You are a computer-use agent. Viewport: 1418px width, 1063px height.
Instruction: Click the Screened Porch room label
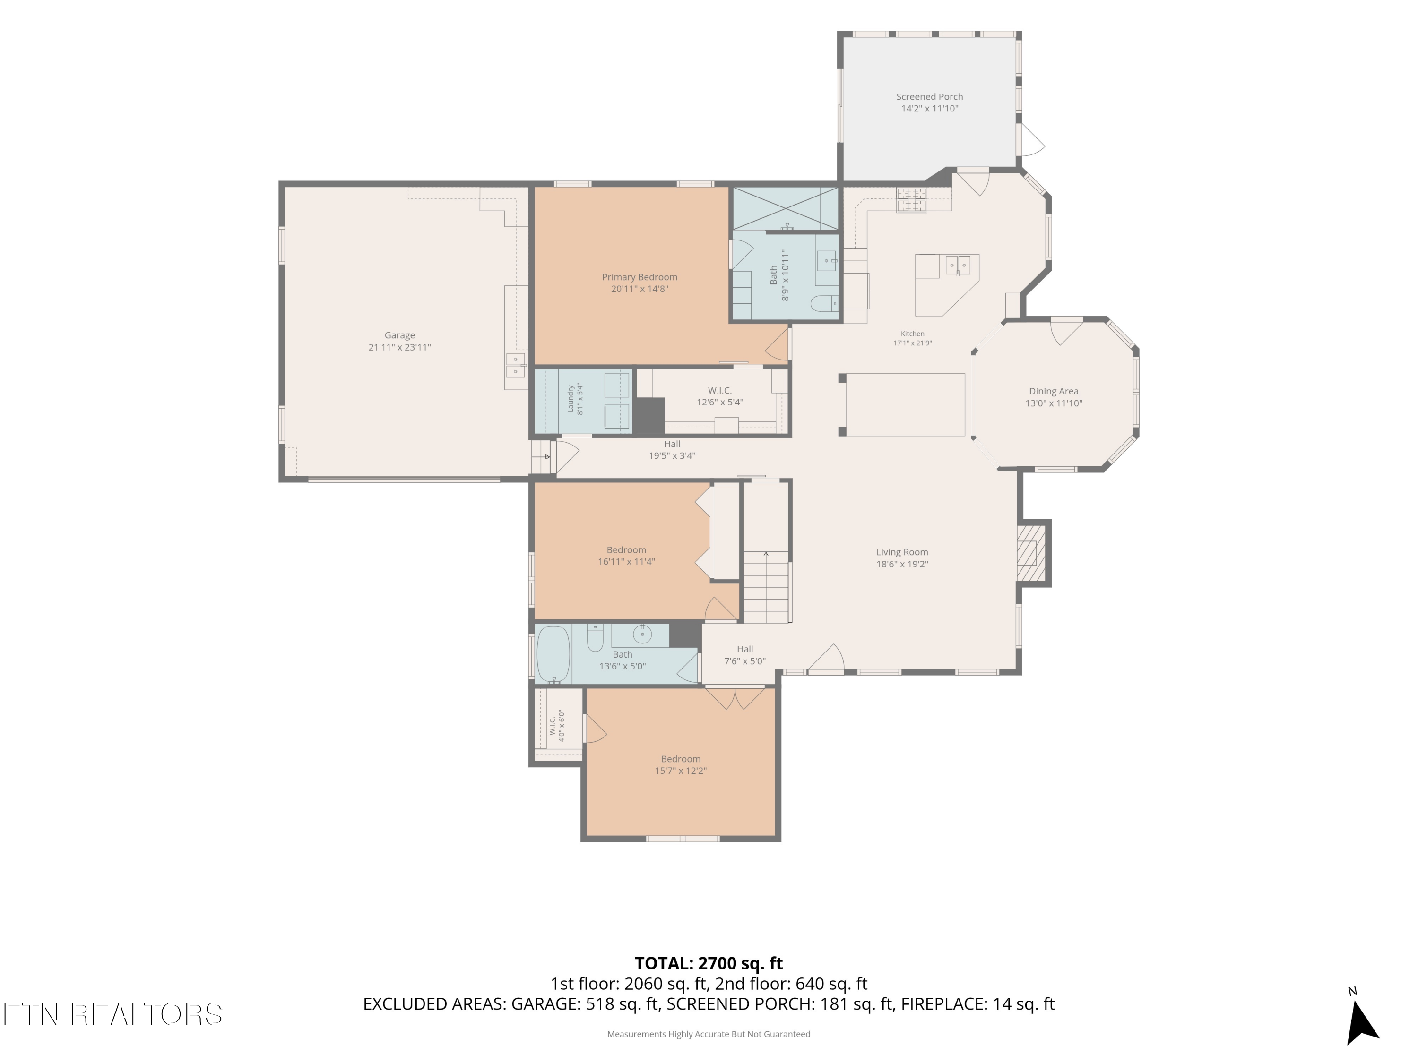930,97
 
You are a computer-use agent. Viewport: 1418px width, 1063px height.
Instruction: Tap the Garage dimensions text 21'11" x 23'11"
399,347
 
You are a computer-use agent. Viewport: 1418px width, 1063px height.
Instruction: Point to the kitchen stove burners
911,199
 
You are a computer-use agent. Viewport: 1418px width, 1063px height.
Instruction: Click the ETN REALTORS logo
113,1014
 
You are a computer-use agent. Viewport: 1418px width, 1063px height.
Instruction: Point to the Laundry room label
571,399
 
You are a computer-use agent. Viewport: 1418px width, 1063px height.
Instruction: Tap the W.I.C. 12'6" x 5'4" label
720,396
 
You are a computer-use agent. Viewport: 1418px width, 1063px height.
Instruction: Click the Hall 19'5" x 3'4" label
672,450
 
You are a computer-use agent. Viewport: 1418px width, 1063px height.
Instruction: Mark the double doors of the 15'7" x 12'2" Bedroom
735,698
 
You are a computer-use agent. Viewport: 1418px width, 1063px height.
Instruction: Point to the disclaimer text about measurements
709,1034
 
